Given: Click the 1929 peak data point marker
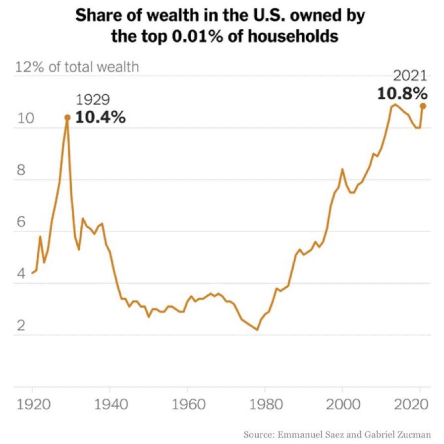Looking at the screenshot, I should pos(67,118).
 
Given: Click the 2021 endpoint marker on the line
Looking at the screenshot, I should pos(423,105).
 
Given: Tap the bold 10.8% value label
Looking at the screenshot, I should pos(402,93).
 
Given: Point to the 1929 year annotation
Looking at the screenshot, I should pos(93,101).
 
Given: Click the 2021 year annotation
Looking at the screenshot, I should pos(410,76).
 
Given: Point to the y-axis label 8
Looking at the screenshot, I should pos(20,170).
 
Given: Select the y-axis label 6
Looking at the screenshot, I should pos(20,222).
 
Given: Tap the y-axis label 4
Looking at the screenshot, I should pos(20,274).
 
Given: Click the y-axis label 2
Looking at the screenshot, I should pos(20,325).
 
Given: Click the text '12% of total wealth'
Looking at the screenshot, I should pos(77,67).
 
